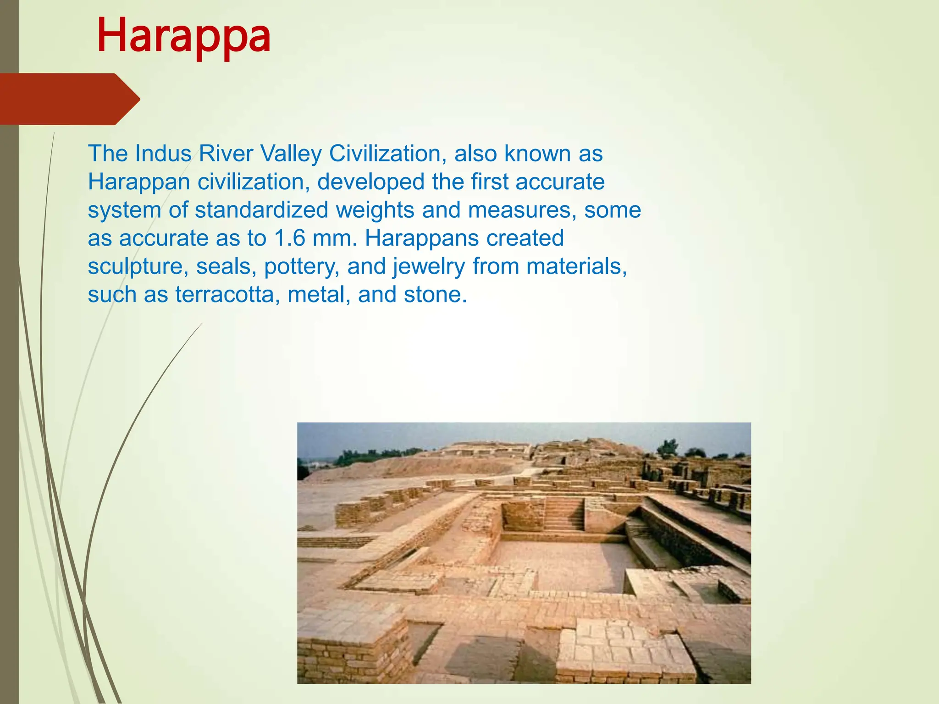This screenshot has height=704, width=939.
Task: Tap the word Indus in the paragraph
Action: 163,154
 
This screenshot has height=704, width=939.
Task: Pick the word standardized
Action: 261,210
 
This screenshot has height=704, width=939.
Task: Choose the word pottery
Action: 302,267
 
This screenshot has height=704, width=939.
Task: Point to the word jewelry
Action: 429,267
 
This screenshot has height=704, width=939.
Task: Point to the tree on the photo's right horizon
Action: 668,447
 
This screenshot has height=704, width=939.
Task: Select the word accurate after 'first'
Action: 560,182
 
